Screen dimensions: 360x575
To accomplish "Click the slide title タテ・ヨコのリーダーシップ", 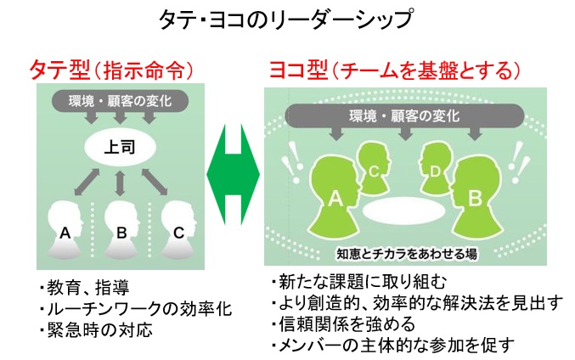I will click(x=287, y=19).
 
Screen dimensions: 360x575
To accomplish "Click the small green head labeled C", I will click(x=372, y=166).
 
